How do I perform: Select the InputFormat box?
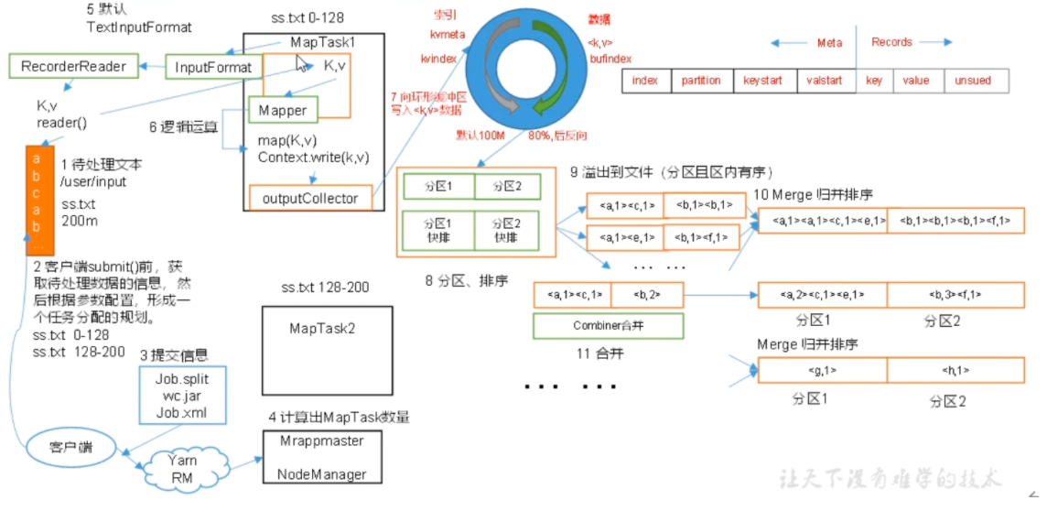point(212,67)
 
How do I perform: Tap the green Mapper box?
point(283,111)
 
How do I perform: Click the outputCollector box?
point(310,198)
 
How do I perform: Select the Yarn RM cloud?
point(182,468)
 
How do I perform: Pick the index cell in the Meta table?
point(645,81)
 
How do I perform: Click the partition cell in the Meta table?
point(701,81)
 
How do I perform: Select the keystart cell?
point(763,81)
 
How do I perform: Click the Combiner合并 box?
point(609,325)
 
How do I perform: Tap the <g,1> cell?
point(821,371)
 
